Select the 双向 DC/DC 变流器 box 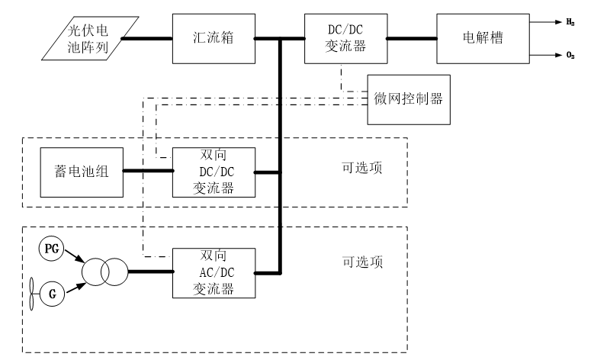tap(214, 172)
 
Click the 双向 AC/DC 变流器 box tap(214, 272)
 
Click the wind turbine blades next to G tap(34, 292)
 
